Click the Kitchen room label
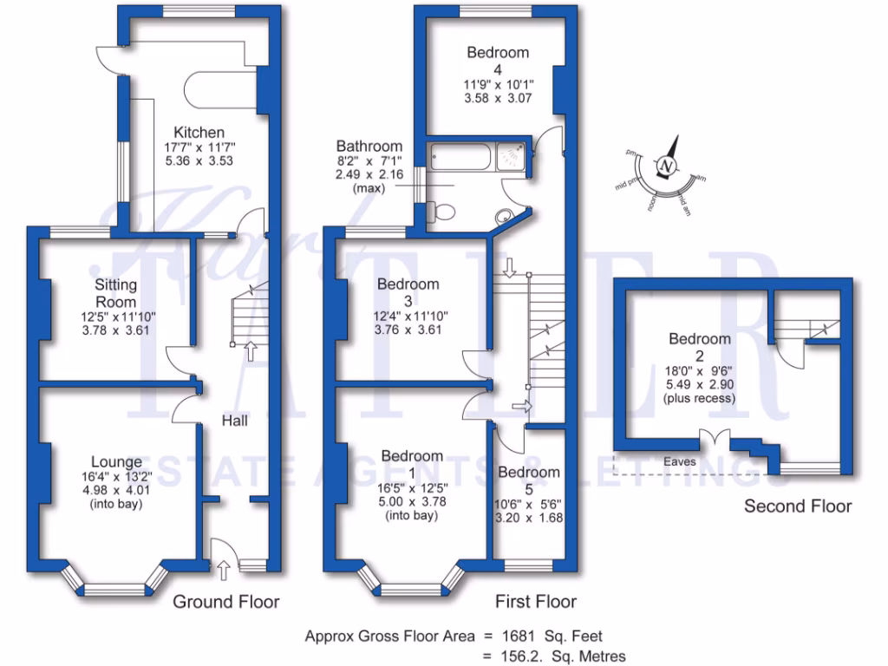199,132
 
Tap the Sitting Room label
116,292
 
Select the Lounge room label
116,462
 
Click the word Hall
234,421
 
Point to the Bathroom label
369,147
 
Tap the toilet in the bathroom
443,211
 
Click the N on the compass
665,166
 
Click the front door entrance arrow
224,570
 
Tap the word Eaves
681,462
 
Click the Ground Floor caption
226,601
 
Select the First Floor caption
535,601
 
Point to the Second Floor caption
798,506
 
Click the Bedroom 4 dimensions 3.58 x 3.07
498,98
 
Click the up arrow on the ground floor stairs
251,350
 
